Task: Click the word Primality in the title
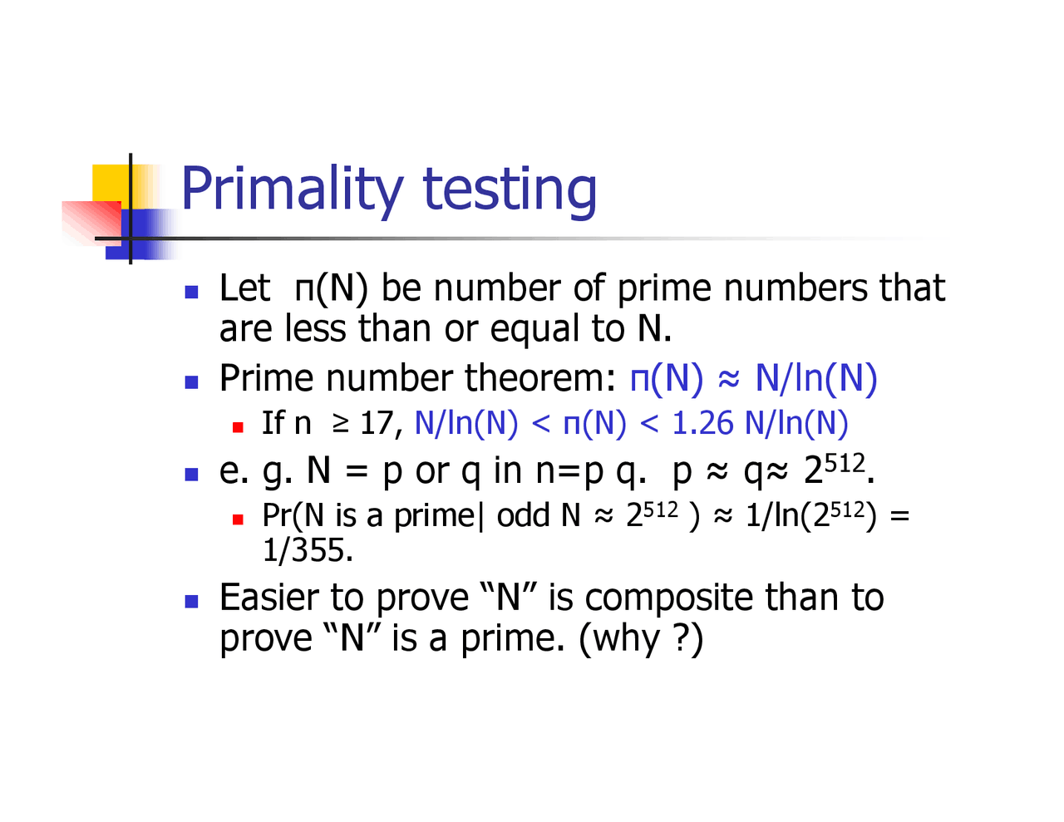pyautogui.click(x=292, y=190)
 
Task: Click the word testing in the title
pyautogui.click(x=510, y=190)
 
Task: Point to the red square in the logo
pyautogui.click(x=90, y=221)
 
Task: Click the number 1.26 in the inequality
pyautogui.click(x=703, y=423)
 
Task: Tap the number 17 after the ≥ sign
pyautogui.click(x=377, y=423)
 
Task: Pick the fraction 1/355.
pyautogui.click(x=308, y=550)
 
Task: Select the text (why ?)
pyautogui.click(x=641, y=638)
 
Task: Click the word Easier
pyautogui.click(x=268, y=598)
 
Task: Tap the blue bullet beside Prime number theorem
pyautogui.click(x=192, y=381)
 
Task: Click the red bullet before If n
pyautogui.click(x=238, y=427)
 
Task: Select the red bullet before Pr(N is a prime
pyautogui.click(x=238, y=519)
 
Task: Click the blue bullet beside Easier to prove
pyautogui.click(x=192, y=601)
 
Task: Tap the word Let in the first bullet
pyautogui.click(x=244, y=288)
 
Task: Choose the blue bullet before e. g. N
pyautogui.click(x=192, y=474)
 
